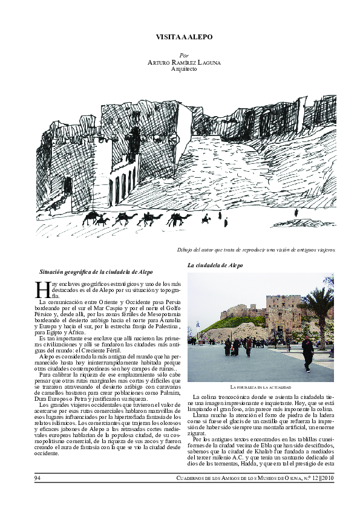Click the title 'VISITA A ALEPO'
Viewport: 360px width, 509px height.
click(184, 37)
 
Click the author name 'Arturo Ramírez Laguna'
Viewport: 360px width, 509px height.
click(184, 62)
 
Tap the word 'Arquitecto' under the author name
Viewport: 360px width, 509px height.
click(184, 69)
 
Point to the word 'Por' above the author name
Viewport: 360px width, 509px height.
click(184, 55)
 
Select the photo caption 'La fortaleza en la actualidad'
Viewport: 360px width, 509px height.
click(261, 386)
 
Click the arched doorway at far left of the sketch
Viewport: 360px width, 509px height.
click(68, 186)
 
